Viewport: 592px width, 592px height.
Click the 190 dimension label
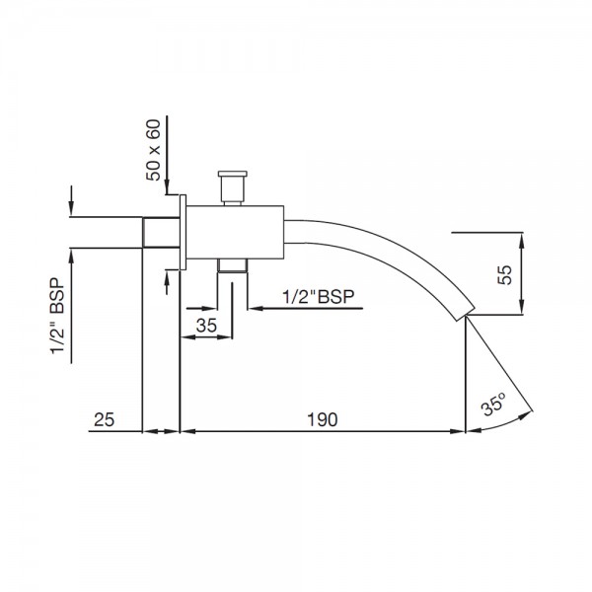[x=322, y=419]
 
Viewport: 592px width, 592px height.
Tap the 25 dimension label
[x=104, y=419]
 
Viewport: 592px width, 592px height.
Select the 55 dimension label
[x=505, y=274]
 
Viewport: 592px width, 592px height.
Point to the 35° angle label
[x=493, y=404]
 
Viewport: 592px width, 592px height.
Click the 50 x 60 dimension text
[x=153, y=150]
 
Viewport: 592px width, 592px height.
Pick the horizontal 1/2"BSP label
[x=319, y=297]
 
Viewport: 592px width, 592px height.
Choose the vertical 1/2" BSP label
[x=58, y=317]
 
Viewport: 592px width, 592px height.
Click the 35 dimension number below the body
[x=206, y=326]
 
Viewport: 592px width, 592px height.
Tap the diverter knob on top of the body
[x=233, y=187]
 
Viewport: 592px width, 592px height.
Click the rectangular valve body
[x=235, y=233]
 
